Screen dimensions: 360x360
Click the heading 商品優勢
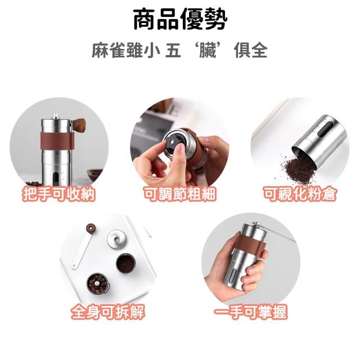[x=180, y=19]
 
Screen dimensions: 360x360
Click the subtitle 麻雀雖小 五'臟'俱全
[x=180, y=50]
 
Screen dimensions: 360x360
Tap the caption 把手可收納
[x=58, y=194]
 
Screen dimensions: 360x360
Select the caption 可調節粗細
[x=180, y=194]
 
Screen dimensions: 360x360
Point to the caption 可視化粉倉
[x=300, y=194]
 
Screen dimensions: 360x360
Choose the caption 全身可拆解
[x=108, y=312]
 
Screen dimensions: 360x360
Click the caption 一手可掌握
[x=251, y=312]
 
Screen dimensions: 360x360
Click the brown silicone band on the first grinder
[x=57, y=140]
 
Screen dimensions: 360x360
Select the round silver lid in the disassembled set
[x=116, y=240]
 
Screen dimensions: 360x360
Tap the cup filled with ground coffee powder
[x=126, y=263]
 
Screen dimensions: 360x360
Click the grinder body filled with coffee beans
[x=98, y=284]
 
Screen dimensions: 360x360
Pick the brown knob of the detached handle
[x=91, y=228]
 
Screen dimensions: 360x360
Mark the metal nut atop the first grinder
[x=55, y=116]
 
